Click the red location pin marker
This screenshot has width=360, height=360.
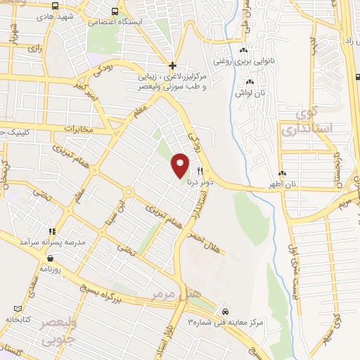tap(180, 165)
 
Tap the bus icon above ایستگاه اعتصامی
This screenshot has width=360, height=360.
tap(115, 11)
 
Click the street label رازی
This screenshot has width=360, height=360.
tap(34, 49)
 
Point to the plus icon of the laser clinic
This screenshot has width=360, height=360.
tap(172, 65)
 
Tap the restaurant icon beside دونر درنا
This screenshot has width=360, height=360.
tap(200, 171)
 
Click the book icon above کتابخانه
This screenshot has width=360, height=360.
tap(18, 309)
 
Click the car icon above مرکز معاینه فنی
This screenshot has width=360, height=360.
tap(224, 311)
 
